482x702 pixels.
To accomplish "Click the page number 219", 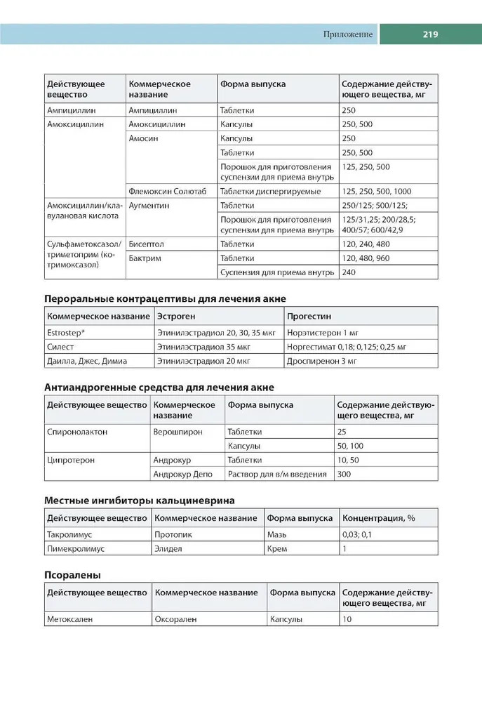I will pyautogui.click(x=430, y=34).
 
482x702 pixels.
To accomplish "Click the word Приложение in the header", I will pyautogui.click(x=349, y=34).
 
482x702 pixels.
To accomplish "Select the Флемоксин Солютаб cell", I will pyautogui.click(x=168, y=192).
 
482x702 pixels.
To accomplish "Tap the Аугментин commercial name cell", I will pyautogui.click(x=149, y=206).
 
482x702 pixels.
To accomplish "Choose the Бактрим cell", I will pyautogui.click(x=145, y=258).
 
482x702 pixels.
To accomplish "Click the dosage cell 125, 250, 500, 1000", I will pyautogui.click(x=375, y=192).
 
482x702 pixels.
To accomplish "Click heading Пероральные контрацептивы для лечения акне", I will pyautogui.click(x=165, y=298).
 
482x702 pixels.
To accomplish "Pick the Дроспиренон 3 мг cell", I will pyautogui.click(x=322, y=361).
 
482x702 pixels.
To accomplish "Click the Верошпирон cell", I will pyautogui.click(x=178, y=432).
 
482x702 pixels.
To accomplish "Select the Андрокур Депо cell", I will pyautogui.click(x=182, y=474).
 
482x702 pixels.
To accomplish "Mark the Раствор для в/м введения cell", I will pyautogui.click(x=277, y=474).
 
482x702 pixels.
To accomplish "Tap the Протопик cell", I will pyautogui.click(x=173, y=535).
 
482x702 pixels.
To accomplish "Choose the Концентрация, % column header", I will pyautogui.click(x=378, y=518).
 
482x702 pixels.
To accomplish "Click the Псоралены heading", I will pyautogui.click(x=72, y=574).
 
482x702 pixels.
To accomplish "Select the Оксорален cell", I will pyautogui.click(x=175, y=619).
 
